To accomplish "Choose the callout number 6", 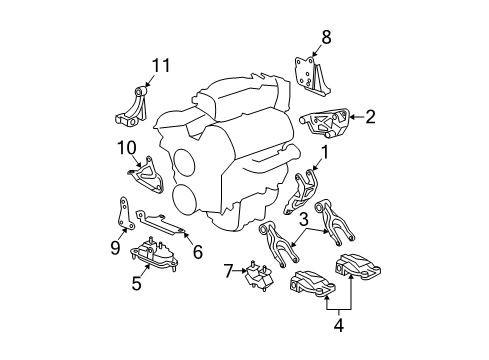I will [x=197, y=251].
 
